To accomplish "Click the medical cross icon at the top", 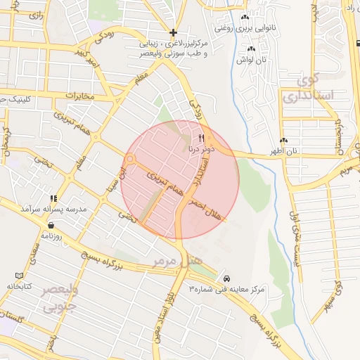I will click(173, 32).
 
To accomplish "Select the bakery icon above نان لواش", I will click(251, 49).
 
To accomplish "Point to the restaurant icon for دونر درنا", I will click(202, 137).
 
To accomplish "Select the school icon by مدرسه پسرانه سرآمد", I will click(53, 199).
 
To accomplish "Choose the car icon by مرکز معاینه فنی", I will click(226, 277).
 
